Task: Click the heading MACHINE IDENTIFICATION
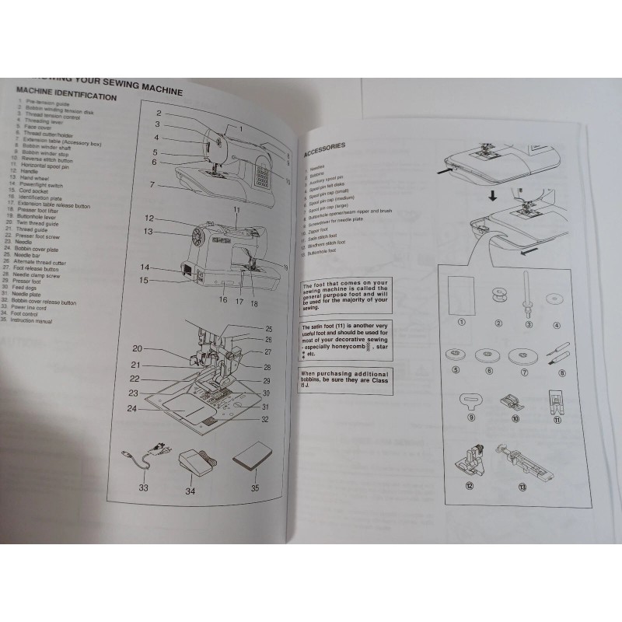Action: click(66, 96)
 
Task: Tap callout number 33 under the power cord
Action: click(144, 487)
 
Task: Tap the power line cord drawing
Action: click(145, 458)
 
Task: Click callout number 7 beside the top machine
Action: click(152, 184)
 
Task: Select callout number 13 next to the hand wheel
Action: click(149, 231)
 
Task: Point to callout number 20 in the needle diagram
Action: click(137, 348)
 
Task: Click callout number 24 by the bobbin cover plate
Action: click(132, 408)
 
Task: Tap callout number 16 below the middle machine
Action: click(223, 298)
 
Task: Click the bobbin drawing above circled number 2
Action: click(495, 296)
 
